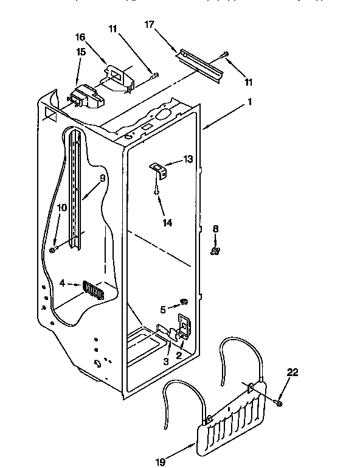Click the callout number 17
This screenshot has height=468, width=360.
(x=150, y=25)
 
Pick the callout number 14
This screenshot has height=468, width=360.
(x=167, y=223)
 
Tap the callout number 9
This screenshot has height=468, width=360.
(x=103, y=178)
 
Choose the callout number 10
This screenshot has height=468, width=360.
(x=61, y=208)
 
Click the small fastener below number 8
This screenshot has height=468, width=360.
(x=215, y=250)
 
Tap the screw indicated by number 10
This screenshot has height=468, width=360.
(x=54, y=248)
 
